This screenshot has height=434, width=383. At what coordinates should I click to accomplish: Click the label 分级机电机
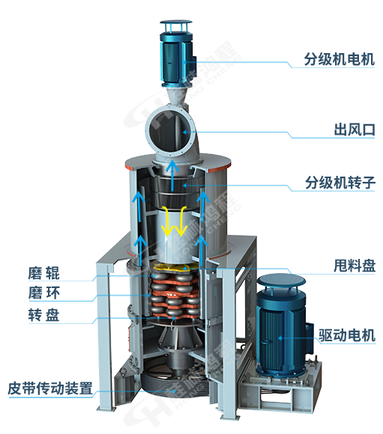click(340, 59)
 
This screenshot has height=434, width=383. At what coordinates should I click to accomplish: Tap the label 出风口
click(355, 129)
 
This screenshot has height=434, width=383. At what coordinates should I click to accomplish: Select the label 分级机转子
click(340, 183)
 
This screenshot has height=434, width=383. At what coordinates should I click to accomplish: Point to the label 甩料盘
click(355, 266)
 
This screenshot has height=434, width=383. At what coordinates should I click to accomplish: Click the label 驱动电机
click(347, 335)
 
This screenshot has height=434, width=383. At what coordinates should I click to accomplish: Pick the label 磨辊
click(43, 273)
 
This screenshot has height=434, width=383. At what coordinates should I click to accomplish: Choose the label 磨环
click(43, 293)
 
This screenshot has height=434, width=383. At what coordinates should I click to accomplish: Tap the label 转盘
click(43, 315)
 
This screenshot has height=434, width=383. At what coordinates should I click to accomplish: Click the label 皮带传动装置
click(50, 388)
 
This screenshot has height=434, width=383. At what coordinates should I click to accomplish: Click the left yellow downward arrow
click(167, 221)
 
